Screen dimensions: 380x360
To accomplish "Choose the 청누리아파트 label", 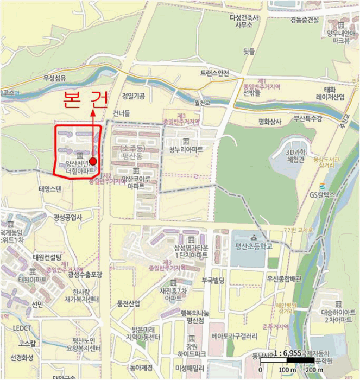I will click(186, 149).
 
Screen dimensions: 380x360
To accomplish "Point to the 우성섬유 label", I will click(55, 78).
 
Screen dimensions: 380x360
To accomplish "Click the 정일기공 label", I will click(134, 96).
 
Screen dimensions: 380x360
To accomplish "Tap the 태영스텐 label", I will click(50, 189).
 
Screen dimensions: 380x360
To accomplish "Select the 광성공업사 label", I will click(68, 217).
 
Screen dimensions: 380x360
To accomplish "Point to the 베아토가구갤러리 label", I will click(234, 337).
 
